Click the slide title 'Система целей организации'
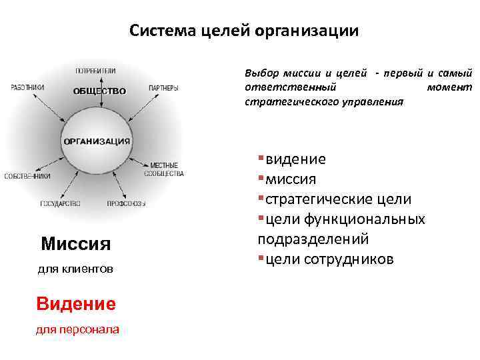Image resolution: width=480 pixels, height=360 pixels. pyautogui.click(x=243, y=31)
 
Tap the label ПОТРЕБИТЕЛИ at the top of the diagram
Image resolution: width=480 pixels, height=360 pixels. pyautogui.click(x=95, y=70)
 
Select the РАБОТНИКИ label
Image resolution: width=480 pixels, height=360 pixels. pyautogui.click(x=28, y=87)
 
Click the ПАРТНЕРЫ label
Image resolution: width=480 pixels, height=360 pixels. pyautogui.click(x=163, y=88)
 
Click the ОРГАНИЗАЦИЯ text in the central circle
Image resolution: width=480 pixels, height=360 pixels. pyautogui.click(x=97, y=141)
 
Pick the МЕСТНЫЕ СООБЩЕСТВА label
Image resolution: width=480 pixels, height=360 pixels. pyautogui.click(x=164, y=169)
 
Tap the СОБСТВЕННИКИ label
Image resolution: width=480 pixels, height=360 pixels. pyautogui.click(x=27, y=176)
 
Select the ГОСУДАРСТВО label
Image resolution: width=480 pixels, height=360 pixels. pyautogui.click(x=60, y=203)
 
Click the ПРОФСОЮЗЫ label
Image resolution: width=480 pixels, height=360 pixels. pyautogui.click(x=127, y=203)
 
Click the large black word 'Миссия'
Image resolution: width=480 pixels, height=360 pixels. pyautogui.click(x=75, y=243)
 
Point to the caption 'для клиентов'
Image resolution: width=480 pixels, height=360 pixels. pyautogui.click(x=75, y=269)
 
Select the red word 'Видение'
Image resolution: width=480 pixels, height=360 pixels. pyautogui.click(x=75, y=303)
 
